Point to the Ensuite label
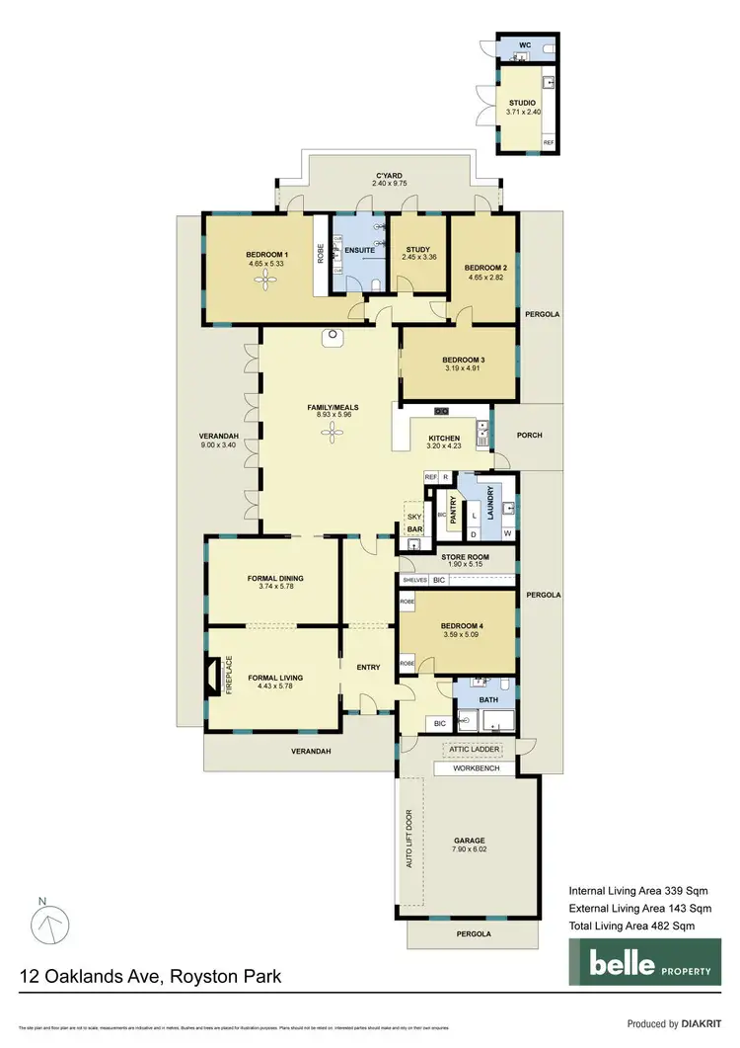click(x=359, y=250)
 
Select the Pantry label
click(x=455, y=511)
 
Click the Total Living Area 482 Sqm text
click(x=631, y=925)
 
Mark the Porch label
click(x=529, y=435)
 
